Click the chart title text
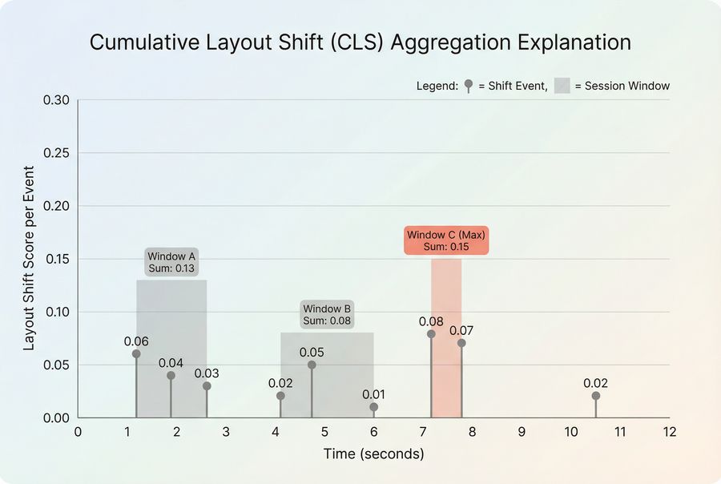pyautogui.click(x=360, y=42)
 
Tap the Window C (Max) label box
pyautogui.click(x=445, y=240)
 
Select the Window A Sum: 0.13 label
pyautogui.click(x=171, y=262)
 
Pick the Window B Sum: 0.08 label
pyautogui.click(x=327, y=315)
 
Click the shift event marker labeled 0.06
pyautogui.click(x=136, y=353)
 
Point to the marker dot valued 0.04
pyautogui.click(x=171, y=375)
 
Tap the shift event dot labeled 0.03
pyautogui.click(x=207, y=385)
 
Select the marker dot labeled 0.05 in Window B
pyautogui.click(x=312, y=365)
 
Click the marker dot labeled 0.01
pyautogui.click(x=373, y=407)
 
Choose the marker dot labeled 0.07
pyautogui.click(x=461, y=343)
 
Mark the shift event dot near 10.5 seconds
pyautogui.click(x=595, y=396)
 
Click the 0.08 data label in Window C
pyautogui.click(x=431, y=321)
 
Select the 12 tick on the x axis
pyautogui.click(x=669, y=432)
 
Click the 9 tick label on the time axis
pyautogui.click(x=521, y=432)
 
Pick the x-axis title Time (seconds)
pyautogui.click(x=373, y=454)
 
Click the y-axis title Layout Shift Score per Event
pyautogui.click(x=29, y=258)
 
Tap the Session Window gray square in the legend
pyautogui.click(x=562, y=86)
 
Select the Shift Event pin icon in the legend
pyautogui.click(x=469, y=85)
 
